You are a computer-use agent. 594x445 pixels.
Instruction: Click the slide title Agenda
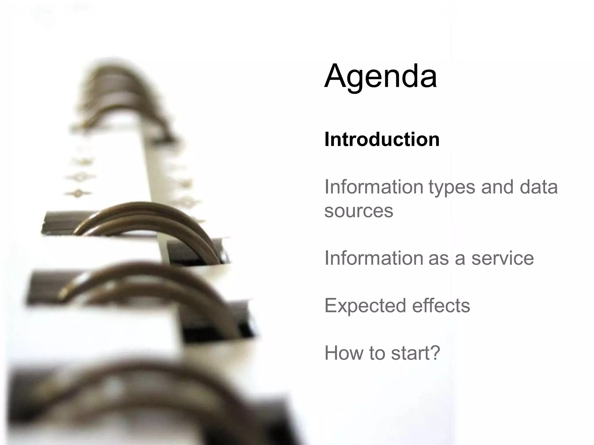[381, 76]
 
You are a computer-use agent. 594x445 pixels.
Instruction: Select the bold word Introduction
[382, 140]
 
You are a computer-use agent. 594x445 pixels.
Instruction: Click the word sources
[358, 211]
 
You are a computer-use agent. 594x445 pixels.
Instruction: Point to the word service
[502, 258]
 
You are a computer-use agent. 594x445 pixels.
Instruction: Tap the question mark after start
[435, 353]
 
